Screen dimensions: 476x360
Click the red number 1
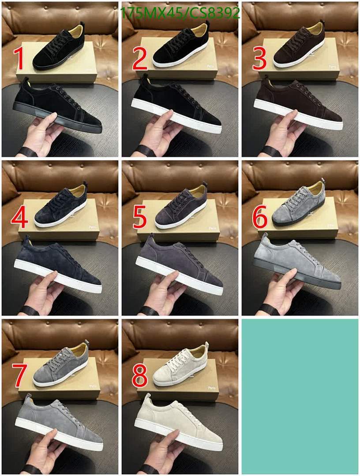[x=19, y=60]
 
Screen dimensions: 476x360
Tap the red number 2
[x=139, y=60]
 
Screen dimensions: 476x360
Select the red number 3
[x=259, y=60]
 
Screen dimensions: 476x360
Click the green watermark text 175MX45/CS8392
[x=180, y=13]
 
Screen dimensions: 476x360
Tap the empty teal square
[x=300, y=396]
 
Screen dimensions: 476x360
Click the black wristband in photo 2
[x=146, y=151]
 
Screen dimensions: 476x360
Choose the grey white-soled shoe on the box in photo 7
[x=60, y=365]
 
